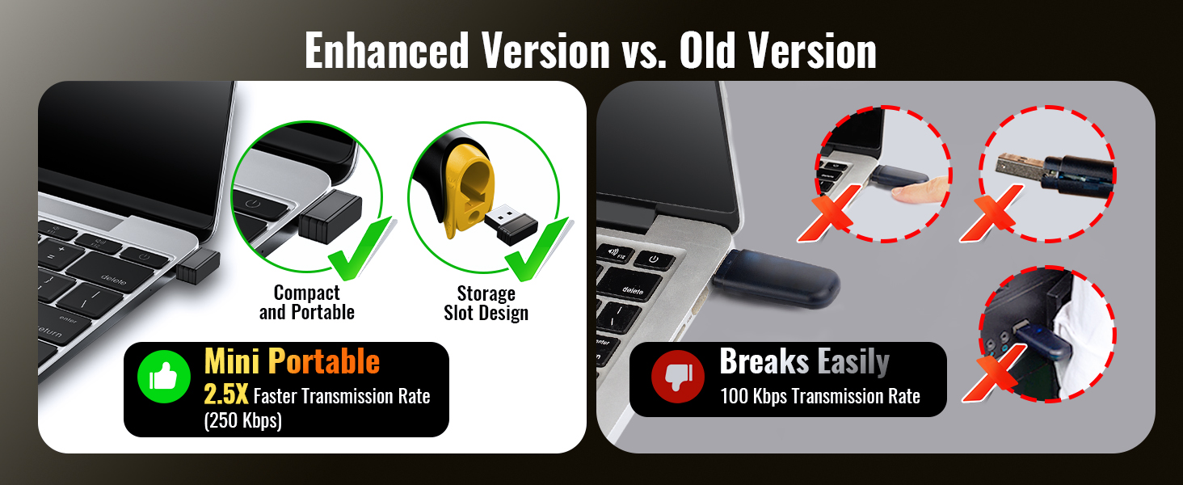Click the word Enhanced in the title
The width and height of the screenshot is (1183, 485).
point(386,50)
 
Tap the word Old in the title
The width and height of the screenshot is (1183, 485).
point(707,50)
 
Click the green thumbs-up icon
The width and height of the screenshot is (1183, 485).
point(164,376)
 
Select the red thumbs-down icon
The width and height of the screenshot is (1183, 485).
point(678,376)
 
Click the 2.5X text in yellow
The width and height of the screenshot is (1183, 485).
point(225,394)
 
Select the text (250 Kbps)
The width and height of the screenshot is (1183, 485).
point(243,420)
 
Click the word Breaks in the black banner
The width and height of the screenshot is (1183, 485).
point(764,361)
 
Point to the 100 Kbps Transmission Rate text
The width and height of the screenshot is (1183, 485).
point(820,396)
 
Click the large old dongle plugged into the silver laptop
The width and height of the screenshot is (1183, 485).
point(777,278)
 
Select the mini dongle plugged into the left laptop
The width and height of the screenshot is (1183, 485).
point(198,266)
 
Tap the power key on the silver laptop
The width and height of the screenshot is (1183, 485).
point(654,259)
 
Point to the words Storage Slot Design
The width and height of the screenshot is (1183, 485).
point(486,303)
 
